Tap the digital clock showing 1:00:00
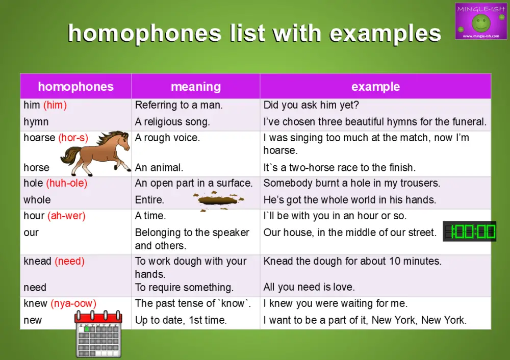click(469, 232)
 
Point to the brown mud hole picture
click(218, 200)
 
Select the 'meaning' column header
click(196, 87)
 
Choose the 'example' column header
click(375, 87)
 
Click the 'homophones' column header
click(75, 87)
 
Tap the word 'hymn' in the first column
click(36, 122)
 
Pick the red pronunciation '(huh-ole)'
click(67, 183)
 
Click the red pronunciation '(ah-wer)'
click(66, 216)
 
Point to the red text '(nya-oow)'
click(73, 303)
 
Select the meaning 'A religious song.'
click(172, 122)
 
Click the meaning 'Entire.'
click(149, 199)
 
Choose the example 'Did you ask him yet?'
click(312, 106)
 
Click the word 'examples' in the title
click(386, 34)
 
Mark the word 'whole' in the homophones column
click(37, 199)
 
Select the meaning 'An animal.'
click(159, 167)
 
